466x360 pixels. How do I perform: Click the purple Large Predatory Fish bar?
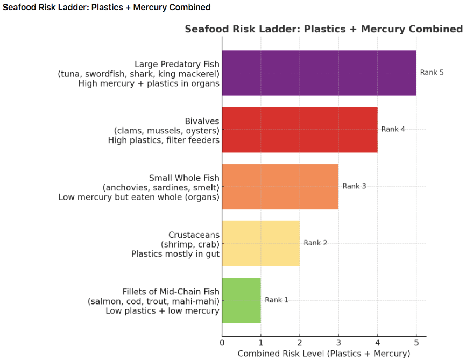pyautogui.click(x=319, y=73)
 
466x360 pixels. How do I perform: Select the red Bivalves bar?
pyautogui.click(x=299, y=130)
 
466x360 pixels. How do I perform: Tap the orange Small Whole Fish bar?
pyautogui.click(x=280, y=186)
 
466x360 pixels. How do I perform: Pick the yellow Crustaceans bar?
pyautogui.click(x=260, y=243)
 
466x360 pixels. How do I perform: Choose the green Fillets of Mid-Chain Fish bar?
pyautogui.click(x=241, y=300)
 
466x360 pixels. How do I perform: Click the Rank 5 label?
pyautogui.click(x=432, y=73)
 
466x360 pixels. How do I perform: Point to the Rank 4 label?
pyautogui.click(x=393, y=130)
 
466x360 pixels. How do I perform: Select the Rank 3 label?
pyautogui.click(x=354, y=186)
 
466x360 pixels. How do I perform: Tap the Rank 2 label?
pyautogui.click(x=315, y=243)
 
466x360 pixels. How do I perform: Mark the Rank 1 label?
pyautogui.click(x=277, y=300)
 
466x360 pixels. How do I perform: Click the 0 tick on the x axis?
pyautogui.click(x=222, y=342)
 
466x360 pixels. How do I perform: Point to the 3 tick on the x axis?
pyautogui.click(x=338, y=342)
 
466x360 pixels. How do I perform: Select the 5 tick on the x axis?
pyautogui.click(x=416, y=342)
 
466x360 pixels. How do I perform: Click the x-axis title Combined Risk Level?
pyautogui.click(x=323, y=354)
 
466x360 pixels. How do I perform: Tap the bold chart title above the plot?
pyautogui.click(x=323, y=29)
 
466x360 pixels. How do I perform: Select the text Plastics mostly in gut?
pyautogui.click(x=175, y=254)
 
